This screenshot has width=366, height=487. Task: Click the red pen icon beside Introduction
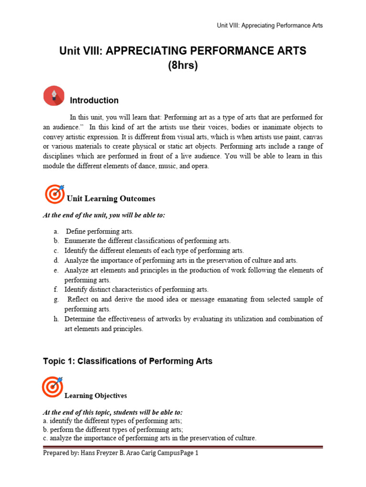tap(54, 96)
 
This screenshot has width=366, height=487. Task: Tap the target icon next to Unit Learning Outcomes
tap(54, 194)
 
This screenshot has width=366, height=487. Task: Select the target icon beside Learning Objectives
tap(52, 387)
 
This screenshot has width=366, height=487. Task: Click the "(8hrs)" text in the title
tap(183, 66)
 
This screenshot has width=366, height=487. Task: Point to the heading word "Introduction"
tap(94, 100)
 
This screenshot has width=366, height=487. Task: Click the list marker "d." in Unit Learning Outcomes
tap(56, 260)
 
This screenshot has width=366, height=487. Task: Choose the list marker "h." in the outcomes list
tap(56, 319)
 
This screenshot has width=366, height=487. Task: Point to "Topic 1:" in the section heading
tap(59, 361)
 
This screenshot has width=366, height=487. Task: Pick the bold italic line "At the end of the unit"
tap(104, 215)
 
